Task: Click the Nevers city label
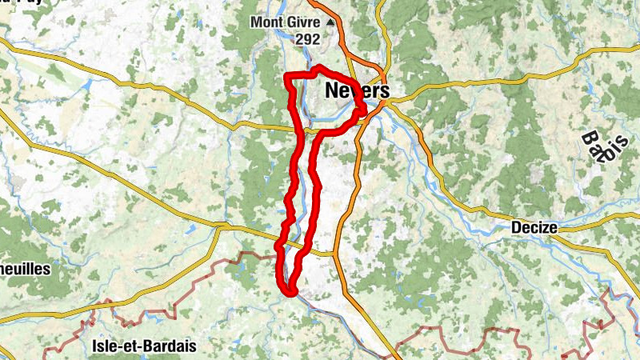point(357,91)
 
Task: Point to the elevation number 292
point(306,38)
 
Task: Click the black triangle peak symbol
point(328,22)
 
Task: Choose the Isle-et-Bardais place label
point(145,347)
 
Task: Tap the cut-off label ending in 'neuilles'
point(24,270)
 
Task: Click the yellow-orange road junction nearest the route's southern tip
point(334,254)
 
